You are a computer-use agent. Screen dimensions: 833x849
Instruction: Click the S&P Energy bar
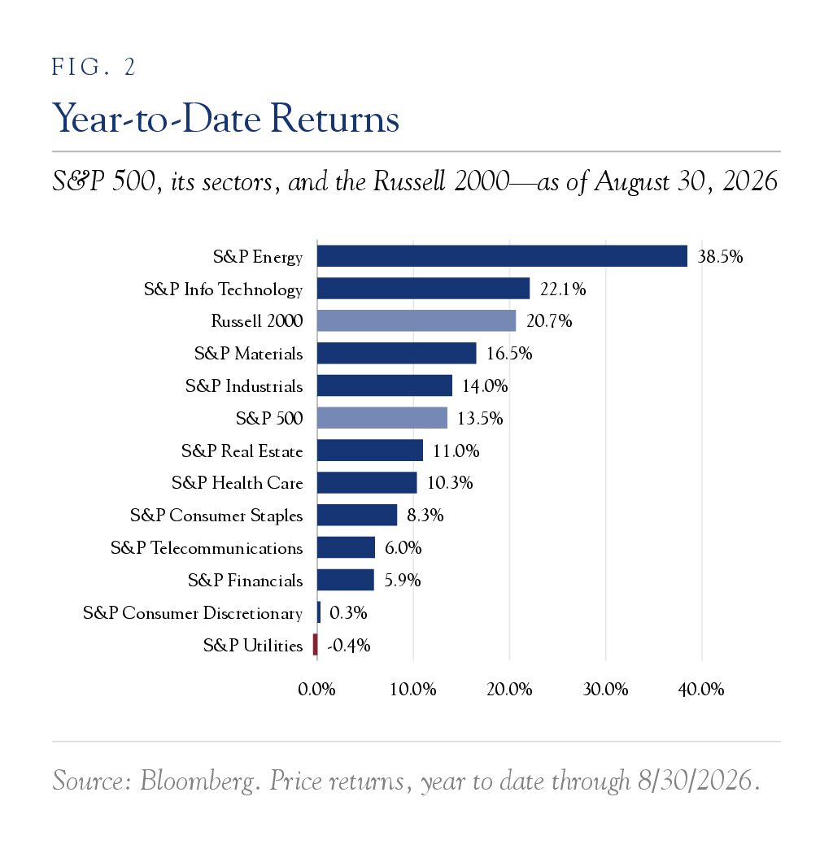point(502,256)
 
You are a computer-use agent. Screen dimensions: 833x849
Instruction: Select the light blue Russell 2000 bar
point(416,320)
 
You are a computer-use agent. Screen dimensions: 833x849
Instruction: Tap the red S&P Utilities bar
point(315,644)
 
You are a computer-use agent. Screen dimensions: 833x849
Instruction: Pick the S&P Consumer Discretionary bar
point(319,612)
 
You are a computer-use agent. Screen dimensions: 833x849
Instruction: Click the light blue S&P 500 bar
point(382,418)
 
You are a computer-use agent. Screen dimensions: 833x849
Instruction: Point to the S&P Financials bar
point(346,580)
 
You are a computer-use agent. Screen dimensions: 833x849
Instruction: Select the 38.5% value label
point(720,257)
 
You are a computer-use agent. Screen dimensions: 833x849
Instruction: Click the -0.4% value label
point(349,646)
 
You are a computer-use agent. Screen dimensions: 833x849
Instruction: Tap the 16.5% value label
point(509,354)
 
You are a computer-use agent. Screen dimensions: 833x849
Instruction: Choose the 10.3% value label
point(450,483)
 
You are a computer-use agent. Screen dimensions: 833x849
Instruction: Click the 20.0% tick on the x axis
point(509,690)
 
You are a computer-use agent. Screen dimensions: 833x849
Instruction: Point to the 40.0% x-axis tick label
point(701,690)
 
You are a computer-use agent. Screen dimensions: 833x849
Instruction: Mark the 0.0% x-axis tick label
point(316,690)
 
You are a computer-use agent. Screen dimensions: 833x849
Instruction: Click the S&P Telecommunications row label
point(207,548)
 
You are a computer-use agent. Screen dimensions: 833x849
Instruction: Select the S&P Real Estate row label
point(242,451)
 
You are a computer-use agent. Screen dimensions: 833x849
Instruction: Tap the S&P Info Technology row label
point(223,290)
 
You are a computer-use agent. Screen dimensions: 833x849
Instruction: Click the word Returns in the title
point(334,118)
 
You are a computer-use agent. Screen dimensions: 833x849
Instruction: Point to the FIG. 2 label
point(94,67)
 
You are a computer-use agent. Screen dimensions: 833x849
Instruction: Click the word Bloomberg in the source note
point(197,782)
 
